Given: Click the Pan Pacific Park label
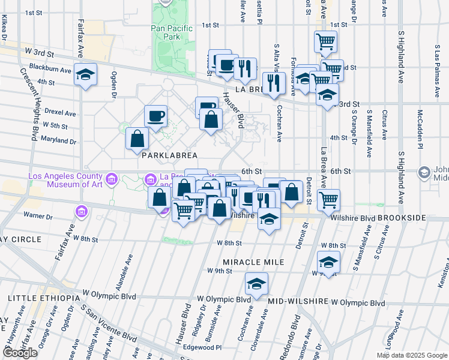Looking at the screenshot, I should pos(172,32).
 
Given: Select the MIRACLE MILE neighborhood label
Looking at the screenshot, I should pos(253,262).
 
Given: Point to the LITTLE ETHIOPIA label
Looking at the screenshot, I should pos(44,298).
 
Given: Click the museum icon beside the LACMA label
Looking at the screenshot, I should pos(111,179).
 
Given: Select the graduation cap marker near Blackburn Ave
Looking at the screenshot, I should pos(86,74).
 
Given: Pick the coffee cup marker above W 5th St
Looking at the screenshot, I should pos(155,116).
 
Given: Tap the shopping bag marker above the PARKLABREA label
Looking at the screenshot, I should pos(137,139).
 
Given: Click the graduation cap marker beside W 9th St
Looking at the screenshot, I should pos(328,262).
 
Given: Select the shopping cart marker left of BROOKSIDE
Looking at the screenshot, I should pos(328,200).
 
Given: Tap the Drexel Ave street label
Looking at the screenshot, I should pos(62,113).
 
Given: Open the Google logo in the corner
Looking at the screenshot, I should pos(20,353).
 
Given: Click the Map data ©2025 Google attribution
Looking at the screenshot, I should pos(412,355).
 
